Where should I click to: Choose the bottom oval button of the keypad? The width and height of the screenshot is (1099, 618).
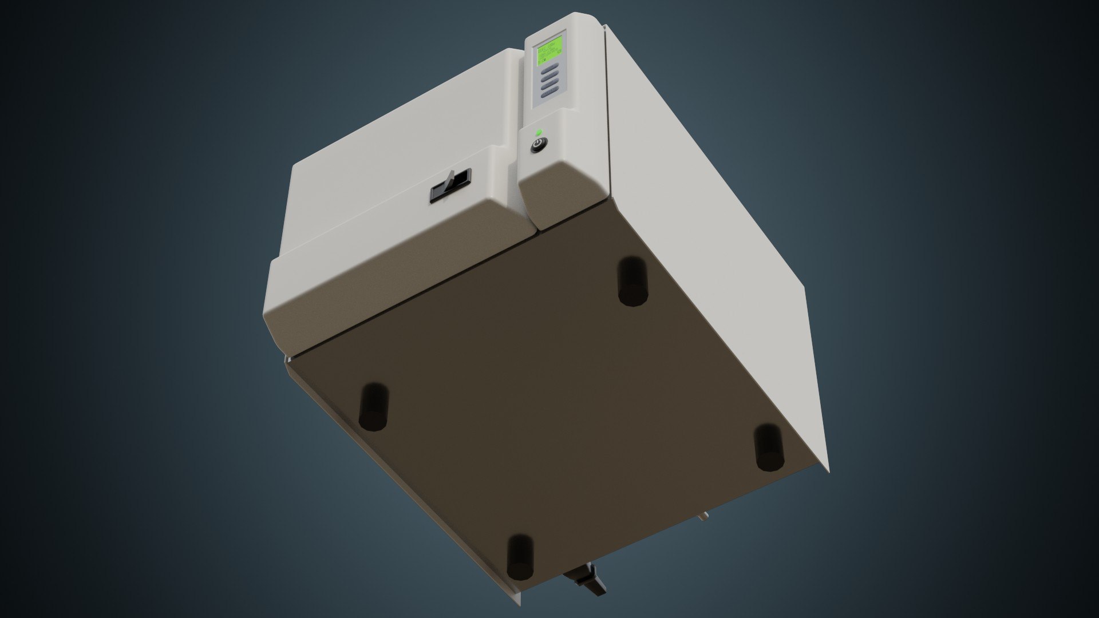(549, 98)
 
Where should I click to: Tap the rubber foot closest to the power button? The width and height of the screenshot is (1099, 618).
(632, 281)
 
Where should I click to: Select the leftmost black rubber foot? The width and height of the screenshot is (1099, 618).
(373, 406)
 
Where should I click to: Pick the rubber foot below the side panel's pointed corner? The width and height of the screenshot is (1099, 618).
(768, 447)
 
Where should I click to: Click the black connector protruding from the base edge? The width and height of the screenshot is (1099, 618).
(586, 599)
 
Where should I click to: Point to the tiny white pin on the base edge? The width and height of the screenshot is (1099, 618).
(703, 518)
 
